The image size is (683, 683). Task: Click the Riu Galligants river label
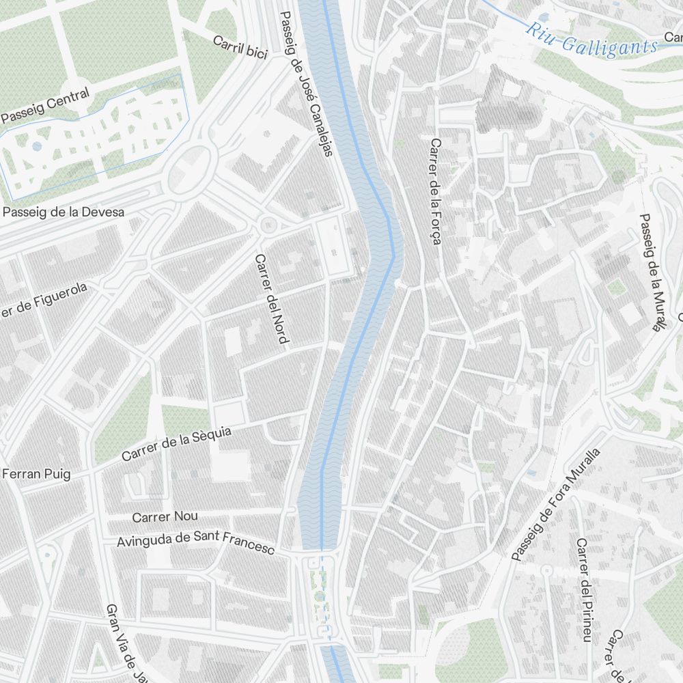point(591,40)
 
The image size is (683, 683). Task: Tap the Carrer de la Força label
point(436,191)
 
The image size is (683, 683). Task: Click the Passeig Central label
point(45,106)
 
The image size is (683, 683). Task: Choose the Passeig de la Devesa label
point(64,212)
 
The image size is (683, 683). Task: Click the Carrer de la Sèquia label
point(177,444)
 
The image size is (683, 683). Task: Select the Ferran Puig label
point(36,474)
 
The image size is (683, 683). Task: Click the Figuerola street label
point(44,301)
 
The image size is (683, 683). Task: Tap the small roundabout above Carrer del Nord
point(268,223)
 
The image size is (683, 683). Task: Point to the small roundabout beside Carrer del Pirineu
point(546,569)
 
